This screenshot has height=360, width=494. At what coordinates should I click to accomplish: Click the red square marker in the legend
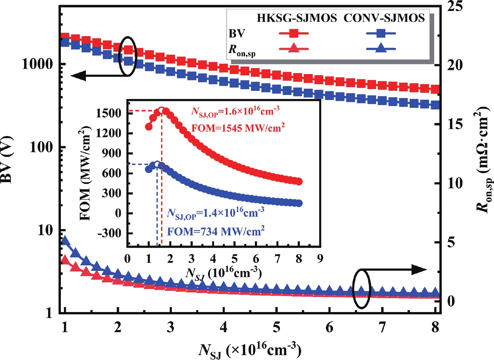tap(294, 33)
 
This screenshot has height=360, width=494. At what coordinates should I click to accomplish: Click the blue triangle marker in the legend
tap(381, 48)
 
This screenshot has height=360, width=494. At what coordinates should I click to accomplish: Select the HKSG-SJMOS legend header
tap(297, 18)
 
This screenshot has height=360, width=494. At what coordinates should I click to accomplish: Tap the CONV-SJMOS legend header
tap(384, 18)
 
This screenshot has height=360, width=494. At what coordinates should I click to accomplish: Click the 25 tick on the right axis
tap(454, 6)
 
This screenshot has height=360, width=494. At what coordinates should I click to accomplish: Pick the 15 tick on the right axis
tap(454, 124)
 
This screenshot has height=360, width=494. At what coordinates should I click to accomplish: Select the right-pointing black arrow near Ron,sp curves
tap(419, 269)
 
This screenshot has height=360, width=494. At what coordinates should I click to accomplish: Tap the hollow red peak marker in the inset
tap(162, 110)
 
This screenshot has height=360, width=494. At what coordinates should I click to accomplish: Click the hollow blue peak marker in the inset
tap(157, 164)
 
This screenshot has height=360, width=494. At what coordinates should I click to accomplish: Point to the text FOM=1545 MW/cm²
tap(238, 128)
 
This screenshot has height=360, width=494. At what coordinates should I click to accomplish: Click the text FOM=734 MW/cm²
tap(215, 232)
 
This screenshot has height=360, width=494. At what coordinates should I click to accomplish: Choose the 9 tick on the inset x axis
tap(320, 259)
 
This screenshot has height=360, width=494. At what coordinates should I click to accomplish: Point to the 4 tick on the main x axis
tap(223, 327)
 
